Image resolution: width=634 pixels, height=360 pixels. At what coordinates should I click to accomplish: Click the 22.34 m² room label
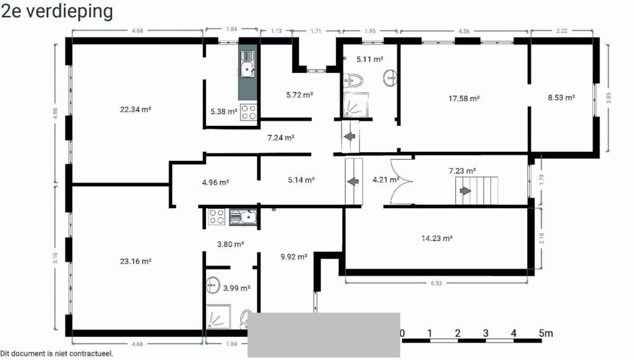(x=136, y=109)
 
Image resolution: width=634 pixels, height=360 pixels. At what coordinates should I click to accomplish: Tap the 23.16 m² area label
(x=136, y=261)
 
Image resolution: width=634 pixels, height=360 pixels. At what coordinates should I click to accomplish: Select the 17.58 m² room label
(x=464, y=98)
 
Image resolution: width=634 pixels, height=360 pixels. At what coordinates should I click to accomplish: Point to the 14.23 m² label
(x=437, y=238)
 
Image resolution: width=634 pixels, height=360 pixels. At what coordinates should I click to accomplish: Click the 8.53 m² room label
(x=561, y=98)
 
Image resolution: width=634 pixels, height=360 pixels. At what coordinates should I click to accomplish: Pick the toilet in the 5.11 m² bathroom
(x=353, y=80)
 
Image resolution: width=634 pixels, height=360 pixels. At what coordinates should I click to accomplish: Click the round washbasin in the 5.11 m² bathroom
(x=389, y=78)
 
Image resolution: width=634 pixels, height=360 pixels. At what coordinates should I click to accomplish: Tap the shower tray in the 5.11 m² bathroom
(x=356, y=104)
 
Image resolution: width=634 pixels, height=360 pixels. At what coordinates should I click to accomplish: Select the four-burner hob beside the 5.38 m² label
(x=249, y=112)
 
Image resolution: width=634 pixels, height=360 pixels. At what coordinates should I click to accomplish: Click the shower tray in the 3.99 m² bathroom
(x=218, y=316)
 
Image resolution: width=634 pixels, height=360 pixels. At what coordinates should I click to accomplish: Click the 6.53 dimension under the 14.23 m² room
(x=436, y=283)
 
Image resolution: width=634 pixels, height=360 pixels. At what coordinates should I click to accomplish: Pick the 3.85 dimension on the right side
(x=609, y=98)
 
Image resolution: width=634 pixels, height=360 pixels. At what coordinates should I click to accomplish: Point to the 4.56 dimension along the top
(x=464, y=31)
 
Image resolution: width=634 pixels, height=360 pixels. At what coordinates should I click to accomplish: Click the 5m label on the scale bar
(x=546, y=333)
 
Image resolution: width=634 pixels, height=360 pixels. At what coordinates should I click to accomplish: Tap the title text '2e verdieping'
(x=57, y=12)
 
